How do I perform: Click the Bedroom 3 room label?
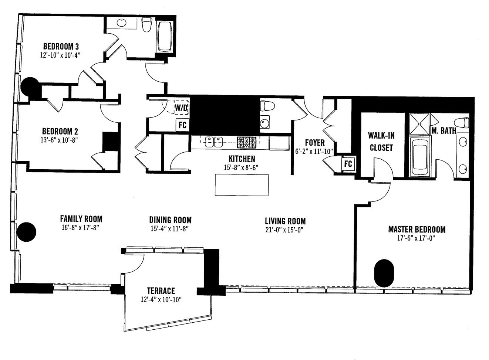(61, 47)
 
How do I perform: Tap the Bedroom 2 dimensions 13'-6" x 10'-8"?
(60, 140)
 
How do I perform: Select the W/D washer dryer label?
(181, 108)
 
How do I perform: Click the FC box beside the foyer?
(348, 164)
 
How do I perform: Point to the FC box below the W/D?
(182, 125)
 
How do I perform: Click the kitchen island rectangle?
(242, 185)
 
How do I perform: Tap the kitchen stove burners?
(247, 142)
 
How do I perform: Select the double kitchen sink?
(214, 142)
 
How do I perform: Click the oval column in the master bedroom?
(384, 273)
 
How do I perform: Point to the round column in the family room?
(26, 232)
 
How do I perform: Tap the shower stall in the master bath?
(419, 124)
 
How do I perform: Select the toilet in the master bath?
(462, 123)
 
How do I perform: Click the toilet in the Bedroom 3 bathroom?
(147, 24)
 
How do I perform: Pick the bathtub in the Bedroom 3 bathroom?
(165, 37)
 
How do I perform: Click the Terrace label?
(161, 291)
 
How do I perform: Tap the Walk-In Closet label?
(381, 142)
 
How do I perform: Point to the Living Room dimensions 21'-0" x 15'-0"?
(285, 230)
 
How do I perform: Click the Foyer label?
(314, 143)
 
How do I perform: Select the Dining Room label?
(170, 220)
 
